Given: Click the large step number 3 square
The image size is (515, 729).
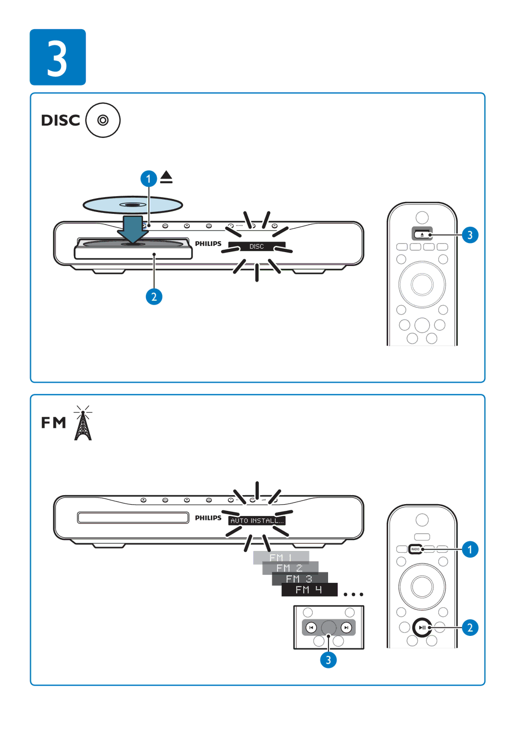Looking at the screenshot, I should [58, 57].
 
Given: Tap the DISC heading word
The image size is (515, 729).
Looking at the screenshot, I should [61, 120].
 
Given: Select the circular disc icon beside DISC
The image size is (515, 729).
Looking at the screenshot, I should [103, 120].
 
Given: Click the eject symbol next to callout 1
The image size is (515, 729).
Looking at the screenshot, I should [166, 177].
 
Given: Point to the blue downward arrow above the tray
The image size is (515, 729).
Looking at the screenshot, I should [133, 229].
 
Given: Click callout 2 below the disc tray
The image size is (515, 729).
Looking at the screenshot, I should [154, 297].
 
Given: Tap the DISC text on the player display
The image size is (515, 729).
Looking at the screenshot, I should [257, 246].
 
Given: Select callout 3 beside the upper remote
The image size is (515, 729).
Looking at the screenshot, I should [470, 235].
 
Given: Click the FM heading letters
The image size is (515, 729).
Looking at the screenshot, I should [53, 423].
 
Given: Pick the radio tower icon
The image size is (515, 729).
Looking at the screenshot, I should [83, 423].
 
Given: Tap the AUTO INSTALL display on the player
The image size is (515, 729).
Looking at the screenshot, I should [257, 521].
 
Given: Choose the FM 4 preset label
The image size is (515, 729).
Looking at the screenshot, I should [309, 590].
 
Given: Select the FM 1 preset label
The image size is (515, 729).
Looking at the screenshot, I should [281, 558].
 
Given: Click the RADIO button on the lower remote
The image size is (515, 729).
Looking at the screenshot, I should [415, 549].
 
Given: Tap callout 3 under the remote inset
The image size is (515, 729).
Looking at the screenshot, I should [328, 660].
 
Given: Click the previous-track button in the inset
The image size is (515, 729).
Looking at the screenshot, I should [311, 627].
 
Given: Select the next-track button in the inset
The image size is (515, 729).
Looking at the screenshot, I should [347, 627].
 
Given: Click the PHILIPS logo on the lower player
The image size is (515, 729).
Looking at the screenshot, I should [208, 518].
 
